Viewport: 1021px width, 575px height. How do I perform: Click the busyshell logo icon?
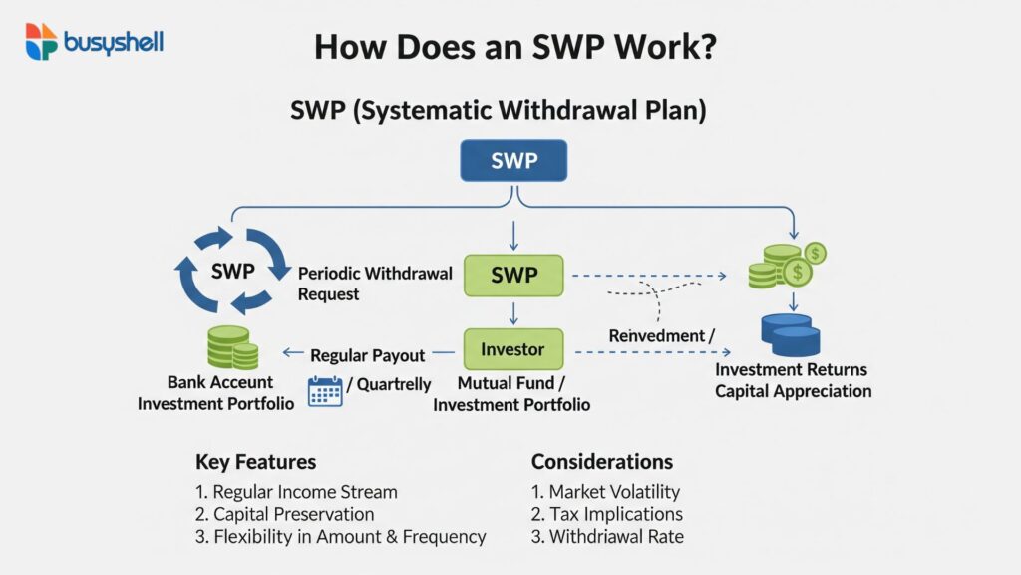coord(41,41)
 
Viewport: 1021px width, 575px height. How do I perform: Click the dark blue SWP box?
coord(513,161)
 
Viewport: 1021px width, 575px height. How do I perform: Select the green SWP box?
coord(513,275)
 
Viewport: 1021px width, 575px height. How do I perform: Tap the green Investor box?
coord(513,349)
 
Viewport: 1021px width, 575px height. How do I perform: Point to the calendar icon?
coord(325,389)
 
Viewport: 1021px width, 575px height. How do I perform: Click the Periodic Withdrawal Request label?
coord(375,284)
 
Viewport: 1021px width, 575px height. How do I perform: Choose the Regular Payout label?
coord(367,355)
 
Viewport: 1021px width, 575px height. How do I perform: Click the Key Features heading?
coord(255,462)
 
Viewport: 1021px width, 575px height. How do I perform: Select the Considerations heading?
coord(601,462)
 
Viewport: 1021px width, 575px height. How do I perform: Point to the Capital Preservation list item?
coord(285,514)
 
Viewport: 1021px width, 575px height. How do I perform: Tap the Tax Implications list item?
coord(607,514)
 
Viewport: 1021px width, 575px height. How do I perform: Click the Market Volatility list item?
coord(605,491)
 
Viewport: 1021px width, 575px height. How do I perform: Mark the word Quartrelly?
coord(394,384)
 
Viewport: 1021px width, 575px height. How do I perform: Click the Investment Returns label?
coord(792,369)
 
